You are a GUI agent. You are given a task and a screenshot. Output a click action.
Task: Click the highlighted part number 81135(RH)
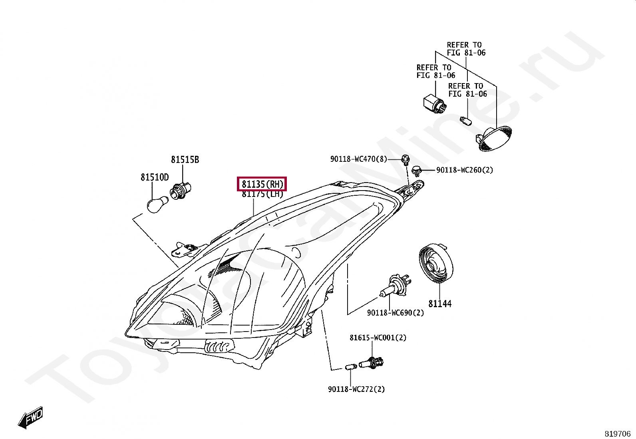coord(262,184)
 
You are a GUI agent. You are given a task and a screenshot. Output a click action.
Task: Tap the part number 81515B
coord(185,160)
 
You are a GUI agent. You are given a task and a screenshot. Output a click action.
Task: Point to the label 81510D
coord(155,177)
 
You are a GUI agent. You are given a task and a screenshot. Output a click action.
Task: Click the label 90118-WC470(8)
coord(358,159)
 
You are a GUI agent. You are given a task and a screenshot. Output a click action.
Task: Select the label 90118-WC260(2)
coord(465,170)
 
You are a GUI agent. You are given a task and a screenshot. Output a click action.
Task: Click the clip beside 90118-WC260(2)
coord(417,171)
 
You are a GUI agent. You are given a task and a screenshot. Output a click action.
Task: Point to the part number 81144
coord(440,304)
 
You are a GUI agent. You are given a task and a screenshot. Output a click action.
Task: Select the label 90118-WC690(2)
coord(395,313)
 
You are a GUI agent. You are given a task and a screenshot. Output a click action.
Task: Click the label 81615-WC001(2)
coord(378,338)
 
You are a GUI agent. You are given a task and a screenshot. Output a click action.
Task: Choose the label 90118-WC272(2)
coord(356,389)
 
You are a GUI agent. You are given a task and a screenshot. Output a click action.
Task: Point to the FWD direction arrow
coord(30,418)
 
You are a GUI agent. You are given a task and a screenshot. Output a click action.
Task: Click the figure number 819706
coord(617,434)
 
